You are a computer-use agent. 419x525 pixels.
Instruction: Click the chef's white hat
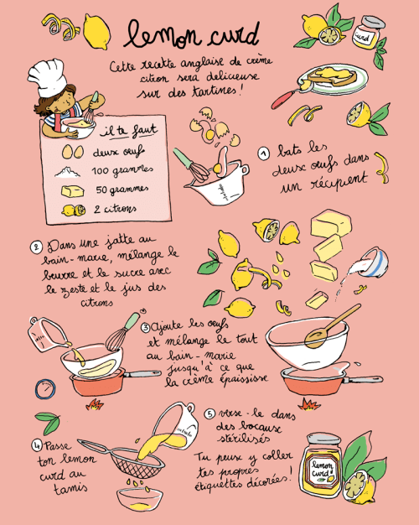[x=48, y=77]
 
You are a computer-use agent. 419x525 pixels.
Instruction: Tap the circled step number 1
[x=264, y=153]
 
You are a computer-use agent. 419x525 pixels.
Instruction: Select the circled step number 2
[x=36, y=247]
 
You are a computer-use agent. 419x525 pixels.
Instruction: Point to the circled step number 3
[x=146, y=327]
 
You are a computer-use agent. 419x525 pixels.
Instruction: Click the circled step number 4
[x=37, y=445]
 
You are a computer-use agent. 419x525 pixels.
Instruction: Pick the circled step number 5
[x=209, y=413]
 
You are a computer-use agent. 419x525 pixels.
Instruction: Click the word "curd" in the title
[x=234, y=35]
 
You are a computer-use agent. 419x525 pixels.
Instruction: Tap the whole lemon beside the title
[x=96, y=32]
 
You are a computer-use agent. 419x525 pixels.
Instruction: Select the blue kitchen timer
[x=45, y=389]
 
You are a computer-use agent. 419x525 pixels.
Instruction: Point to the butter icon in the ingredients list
[x=73, y=191]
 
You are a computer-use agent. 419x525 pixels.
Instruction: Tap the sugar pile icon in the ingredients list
[x=68, y=172]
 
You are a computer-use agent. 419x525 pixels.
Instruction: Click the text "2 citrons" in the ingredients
[x=115, y=210]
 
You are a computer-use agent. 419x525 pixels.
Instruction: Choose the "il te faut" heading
[x=128, y=131]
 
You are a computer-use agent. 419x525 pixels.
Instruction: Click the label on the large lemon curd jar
[x=323, y=469]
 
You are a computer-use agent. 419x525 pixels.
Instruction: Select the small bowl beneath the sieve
[x=140, y=499]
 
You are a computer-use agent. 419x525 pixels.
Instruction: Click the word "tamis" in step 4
[x=70, y=489]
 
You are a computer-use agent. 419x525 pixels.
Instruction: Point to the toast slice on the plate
[x=332, y=76]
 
